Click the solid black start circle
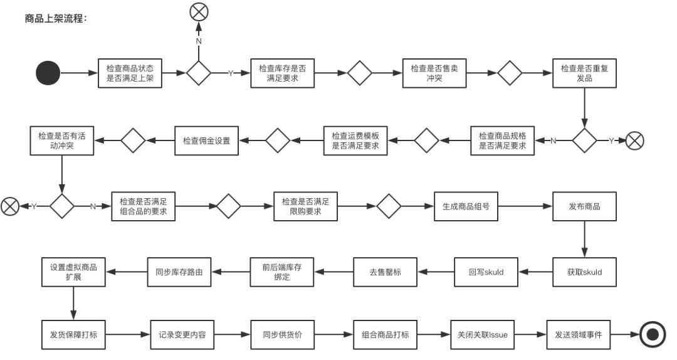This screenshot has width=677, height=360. [48, 73]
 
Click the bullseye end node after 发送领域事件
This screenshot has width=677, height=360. [653, 334]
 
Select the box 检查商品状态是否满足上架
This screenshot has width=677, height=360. [130, 73]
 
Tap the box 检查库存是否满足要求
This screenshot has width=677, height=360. [283, 73]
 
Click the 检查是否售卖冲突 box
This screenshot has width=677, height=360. [434, 73]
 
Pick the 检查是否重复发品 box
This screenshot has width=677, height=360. [584, 73]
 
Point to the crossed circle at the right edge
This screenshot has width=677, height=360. [635, 141]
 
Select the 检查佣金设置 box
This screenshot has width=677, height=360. [206, 141]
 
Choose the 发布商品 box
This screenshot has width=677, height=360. [584, 206]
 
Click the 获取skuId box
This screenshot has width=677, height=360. [584, 272]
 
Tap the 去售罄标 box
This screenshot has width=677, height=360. [386, 272]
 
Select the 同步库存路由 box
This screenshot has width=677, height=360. [179, 272]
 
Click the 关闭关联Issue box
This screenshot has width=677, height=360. [483, 334]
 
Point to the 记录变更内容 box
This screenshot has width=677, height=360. [182, 334]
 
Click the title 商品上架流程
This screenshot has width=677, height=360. [55, 18]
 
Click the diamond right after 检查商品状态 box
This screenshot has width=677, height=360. [199, 73]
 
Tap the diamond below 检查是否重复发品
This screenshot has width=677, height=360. [584, 141]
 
